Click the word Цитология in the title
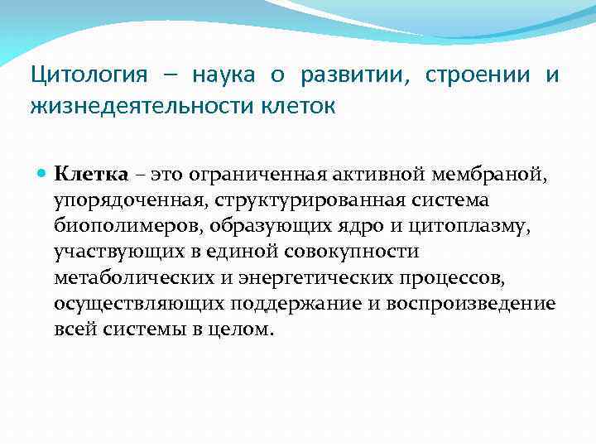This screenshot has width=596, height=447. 89,76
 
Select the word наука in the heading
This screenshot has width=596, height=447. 225,76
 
